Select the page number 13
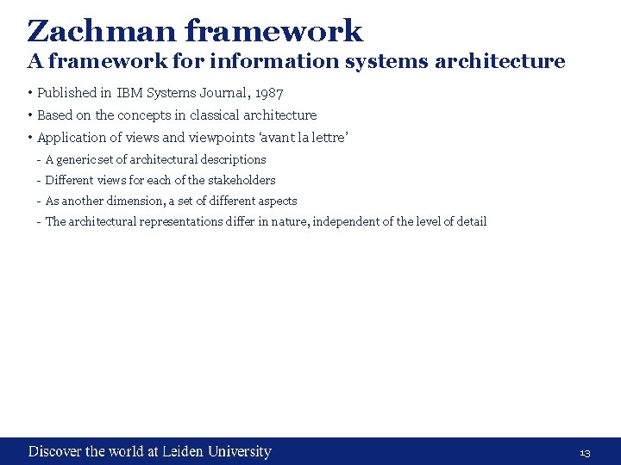click(x=584, y=453)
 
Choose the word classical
click(x=216, y=115)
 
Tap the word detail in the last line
click(x=470, y=221)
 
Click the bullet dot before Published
click(x=29, y=93)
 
